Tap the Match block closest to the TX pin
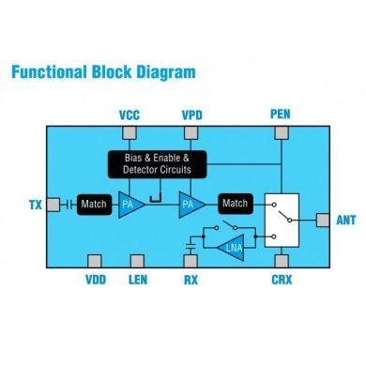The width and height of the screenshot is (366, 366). [94, 204]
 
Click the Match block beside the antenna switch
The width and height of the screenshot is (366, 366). [235, 204]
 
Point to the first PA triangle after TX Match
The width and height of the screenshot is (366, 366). [130, 204]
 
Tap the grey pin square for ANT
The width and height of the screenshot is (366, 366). [321, 220]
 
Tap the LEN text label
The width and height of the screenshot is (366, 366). [138, 279]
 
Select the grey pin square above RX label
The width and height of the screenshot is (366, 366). [191, 260]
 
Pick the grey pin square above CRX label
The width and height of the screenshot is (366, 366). [281, 260]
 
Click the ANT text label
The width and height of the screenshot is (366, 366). [344, 220]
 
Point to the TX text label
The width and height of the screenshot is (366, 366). [36, 204]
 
